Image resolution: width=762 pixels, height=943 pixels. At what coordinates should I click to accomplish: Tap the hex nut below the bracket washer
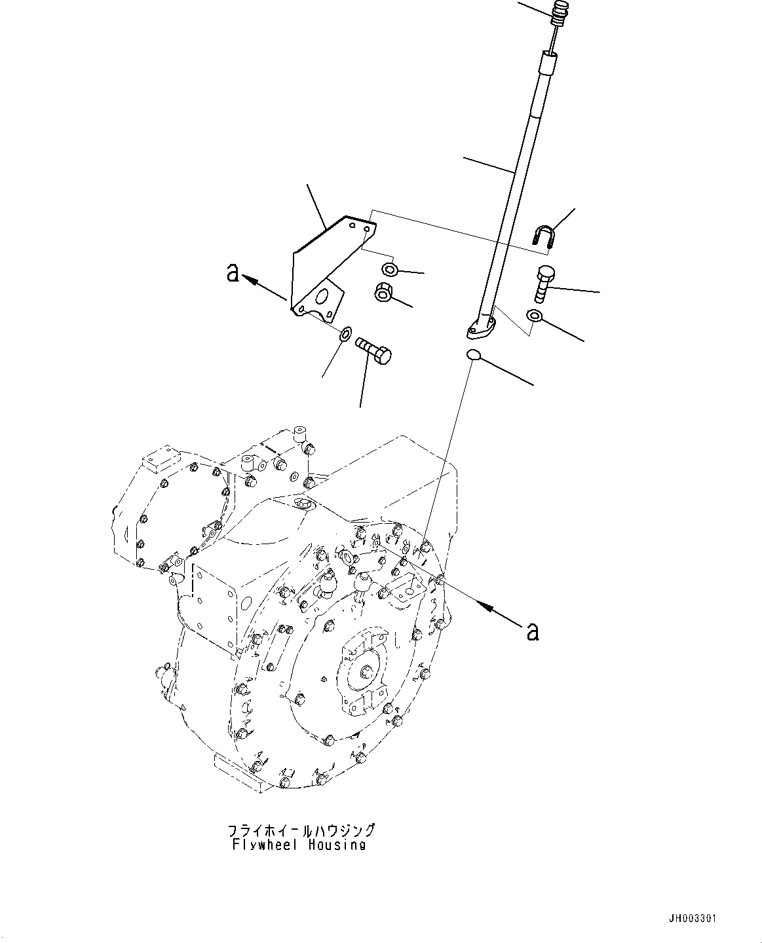pos(383,293)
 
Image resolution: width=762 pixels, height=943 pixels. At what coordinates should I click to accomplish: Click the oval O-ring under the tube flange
pos(474,356)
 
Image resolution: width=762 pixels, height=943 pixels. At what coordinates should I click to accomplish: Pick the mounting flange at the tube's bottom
pos(482,327)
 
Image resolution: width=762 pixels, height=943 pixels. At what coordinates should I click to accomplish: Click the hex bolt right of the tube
pos(545,282)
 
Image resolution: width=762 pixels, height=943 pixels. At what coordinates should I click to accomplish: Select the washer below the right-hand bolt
pos(535,317)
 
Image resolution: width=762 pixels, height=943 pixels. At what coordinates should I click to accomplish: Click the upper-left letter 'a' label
pos(233,272)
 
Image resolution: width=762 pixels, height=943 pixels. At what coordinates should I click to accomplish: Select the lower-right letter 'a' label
pos(533,631)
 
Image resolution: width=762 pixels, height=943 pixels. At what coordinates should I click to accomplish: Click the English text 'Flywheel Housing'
pos(298,845)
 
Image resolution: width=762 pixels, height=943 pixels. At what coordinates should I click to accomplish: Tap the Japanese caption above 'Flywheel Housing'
pos(301,830)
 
